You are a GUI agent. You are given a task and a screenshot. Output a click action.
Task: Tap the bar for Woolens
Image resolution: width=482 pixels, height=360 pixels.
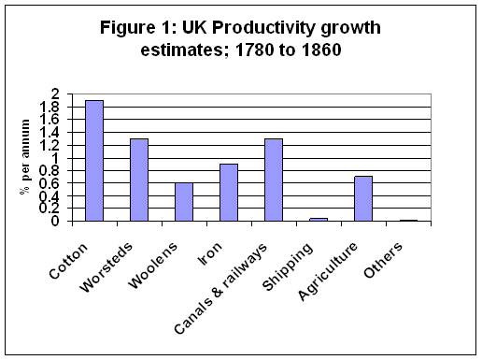pos(184,202)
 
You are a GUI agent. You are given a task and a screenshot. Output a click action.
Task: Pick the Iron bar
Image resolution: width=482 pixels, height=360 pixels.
pos(229,193)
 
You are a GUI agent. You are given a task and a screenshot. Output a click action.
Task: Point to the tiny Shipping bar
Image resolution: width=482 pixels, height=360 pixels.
pos(319,220)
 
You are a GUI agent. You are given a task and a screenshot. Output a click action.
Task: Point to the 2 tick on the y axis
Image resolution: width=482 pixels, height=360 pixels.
pos(55,95)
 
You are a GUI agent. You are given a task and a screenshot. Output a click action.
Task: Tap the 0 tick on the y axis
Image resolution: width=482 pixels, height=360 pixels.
pos(55,222)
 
